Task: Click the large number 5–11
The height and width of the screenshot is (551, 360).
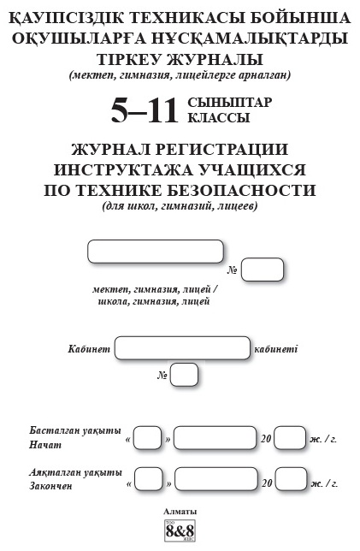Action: pos(145,110)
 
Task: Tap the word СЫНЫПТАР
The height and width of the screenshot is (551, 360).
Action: pos(230,103)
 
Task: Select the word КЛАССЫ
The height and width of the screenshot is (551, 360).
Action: pos(218,118)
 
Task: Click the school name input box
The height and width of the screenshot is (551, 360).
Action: pos(156,252)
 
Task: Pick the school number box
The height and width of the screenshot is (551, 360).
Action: pos(262,270)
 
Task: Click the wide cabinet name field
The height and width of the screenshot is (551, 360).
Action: pos(183,348)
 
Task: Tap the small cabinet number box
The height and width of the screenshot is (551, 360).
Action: pos(184,375)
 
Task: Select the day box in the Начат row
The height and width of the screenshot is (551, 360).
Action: pos(148,438)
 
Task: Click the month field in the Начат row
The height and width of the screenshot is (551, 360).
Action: pos(215,438)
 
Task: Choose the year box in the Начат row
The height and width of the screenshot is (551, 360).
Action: pos(290,438)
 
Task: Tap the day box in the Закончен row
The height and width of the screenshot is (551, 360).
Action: pos(149,478)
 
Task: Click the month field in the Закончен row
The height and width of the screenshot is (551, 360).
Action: pos(216,478)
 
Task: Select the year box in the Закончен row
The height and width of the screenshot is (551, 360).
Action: pos(291,478)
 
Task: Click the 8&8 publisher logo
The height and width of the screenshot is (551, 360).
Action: pos(180,530)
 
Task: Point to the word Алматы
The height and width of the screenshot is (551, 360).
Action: pos(180,512)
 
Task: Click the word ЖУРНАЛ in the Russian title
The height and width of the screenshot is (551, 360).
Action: pos(110,150)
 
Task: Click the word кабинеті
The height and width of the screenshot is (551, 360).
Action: pos(275,349)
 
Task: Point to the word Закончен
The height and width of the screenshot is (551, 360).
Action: pos(50,486)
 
